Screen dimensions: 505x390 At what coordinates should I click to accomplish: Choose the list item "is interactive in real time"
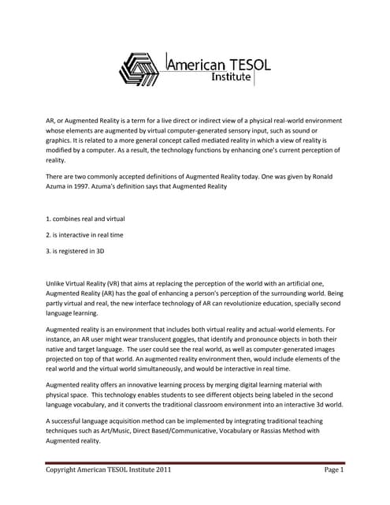pos(86,234)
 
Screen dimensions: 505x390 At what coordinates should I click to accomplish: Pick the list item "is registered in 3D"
pos(77,251)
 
